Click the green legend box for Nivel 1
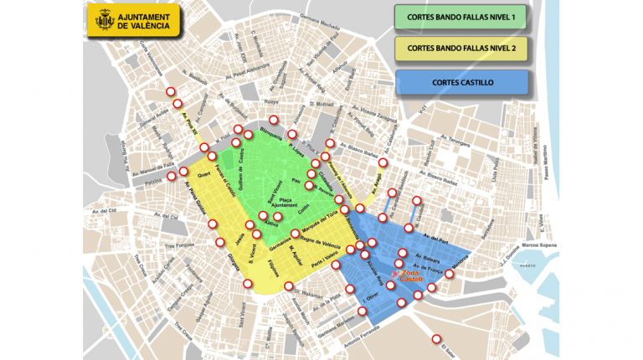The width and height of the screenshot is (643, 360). pyautogui.click(x=461, y=17)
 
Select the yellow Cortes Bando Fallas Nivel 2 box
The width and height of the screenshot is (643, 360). pyautogui.click(x=461, y=49)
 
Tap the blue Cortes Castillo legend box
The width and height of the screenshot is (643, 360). pyautogui.click(x=463, y=82)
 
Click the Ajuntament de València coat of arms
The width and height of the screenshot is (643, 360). pyautogui.click(x=105, y=21)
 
